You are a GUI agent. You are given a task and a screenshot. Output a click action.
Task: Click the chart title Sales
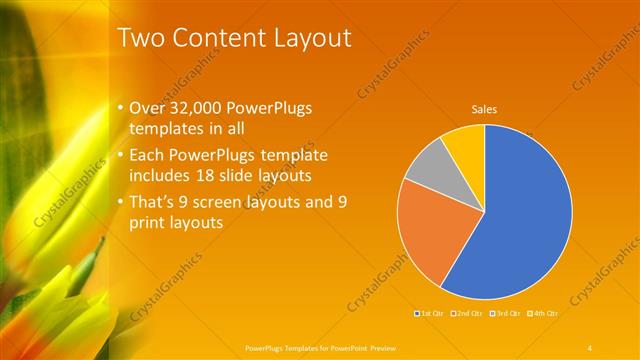coord(484,109)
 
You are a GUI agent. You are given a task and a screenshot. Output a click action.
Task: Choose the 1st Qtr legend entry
coord(431,314)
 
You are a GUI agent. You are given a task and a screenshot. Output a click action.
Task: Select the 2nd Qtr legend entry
coord(470,314)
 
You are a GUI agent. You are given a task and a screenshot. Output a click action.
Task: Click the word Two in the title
coord(139,38)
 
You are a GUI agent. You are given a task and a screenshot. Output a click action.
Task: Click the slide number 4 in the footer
coord(590,347)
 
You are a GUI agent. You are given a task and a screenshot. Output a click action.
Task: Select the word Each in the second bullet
coord(148,155)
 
